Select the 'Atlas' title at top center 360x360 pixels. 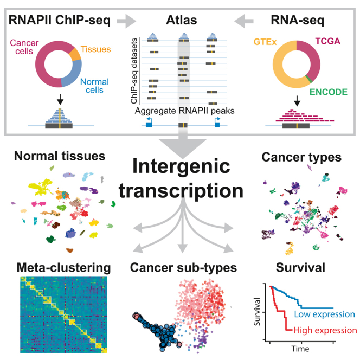(x=180, y=21)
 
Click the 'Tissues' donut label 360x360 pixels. (x=96, y=49)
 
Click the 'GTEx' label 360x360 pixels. (x=265, y=41)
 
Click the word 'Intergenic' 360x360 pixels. (x=179, y=165)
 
